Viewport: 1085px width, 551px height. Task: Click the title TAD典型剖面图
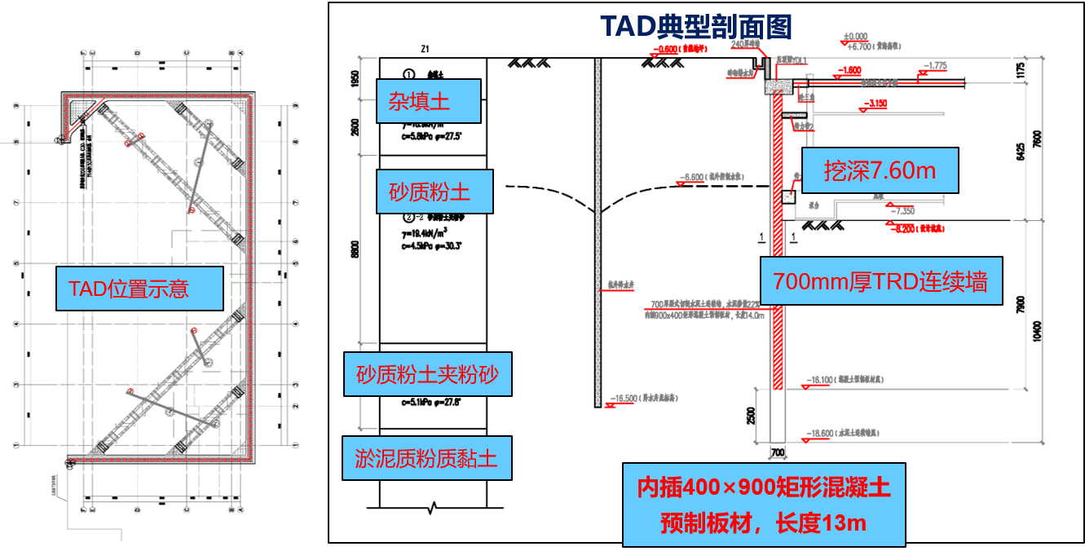[696, 27]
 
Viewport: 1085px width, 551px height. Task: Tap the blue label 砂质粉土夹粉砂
[427, 374]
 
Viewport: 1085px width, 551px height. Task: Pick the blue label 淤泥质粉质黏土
[426, 457]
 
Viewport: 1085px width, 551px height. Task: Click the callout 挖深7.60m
[879, 170]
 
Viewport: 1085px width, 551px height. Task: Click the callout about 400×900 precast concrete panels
[763, 505]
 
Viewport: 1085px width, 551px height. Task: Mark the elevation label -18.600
[823, 433]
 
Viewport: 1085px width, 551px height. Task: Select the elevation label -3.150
[877, 104]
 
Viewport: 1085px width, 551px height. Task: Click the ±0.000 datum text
[856, 37]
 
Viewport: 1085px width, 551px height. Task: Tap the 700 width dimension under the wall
[777, 452]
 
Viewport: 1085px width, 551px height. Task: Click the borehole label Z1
[425, 49]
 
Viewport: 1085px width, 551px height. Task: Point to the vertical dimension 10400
[1036, 330]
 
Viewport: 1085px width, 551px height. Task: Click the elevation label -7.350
[903, 211]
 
